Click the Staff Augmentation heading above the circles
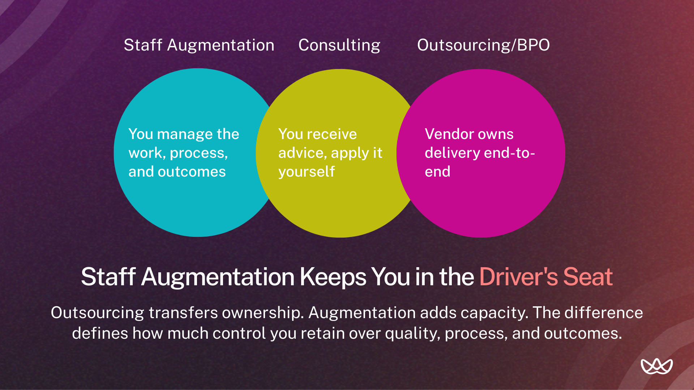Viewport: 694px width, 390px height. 199,45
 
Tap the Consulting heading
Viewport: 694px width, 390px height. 339,45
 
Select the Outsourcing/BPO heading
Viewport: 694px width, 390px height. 483,45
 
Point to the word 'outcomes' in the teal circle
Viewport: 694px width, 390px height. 192,172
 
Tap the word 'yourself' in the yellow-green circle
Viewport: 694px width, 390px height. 307,172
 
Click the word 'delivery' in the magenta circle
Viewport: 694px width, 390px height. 452,153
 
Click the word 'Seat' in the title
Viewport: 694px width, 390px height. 588,277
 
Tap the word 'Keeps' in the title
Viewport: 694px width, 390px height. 333,277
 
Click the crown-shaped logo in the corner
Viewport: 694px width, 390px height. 656,366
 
